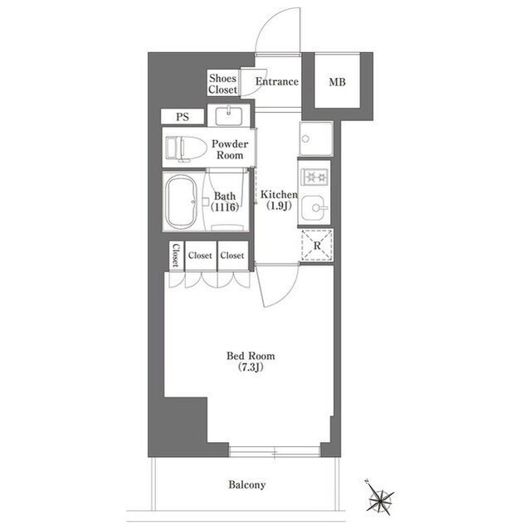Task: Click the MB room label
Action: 337,82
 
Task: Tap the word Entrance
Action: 276,81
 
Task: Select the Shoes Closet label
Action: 222,84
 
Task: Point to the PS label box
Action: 183,117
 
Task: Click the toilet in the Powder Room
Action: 186,148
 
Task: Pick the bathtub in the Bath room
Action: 181,202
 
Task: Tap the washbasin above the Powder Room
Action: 229,116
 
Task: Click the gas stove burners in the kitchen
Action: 315,177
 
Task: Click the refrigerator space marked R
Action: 317,246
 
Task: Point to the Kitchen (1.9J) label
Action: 279,200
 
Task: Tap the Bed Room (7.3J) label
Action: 251,362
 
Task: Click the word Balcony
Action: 247,484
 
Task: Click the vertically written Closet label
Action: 176,255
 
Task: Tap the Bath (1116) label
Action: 225,202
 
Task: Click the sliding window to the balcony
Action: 275,452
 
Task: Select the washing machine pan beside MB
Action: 316,139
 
